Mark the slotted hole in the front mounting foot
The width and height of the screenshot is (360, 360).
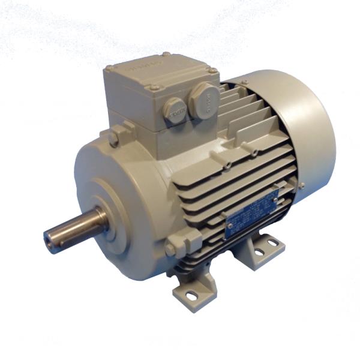191,295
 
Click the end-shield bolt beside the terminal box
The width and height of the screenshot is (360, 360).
113,139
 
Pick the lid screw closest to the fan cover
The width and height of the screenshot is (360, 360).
212,70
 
